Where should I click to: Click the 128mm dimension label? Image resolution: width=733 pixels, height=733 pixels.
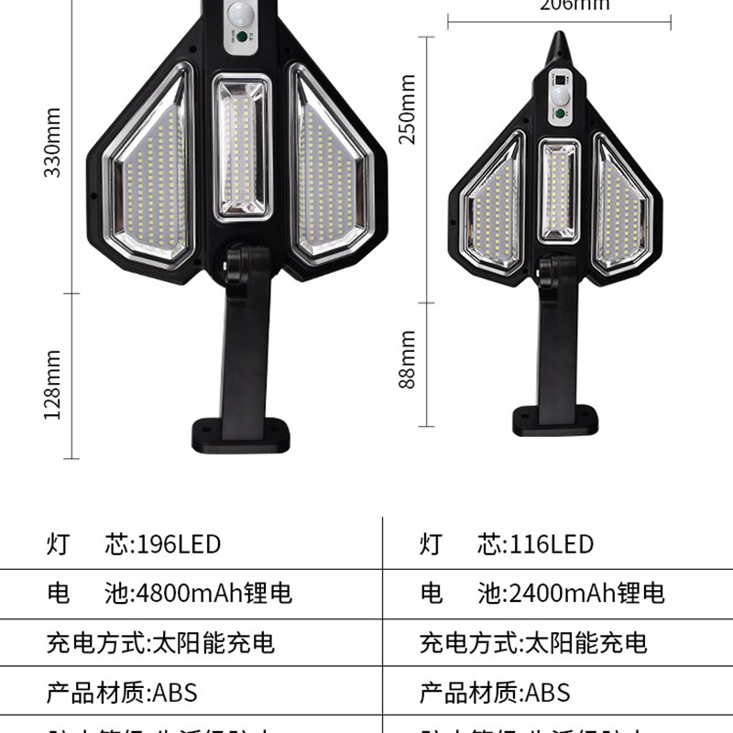[53, 385]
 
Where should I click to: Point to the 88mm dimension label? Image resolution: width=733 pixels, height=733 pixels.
[409, 359]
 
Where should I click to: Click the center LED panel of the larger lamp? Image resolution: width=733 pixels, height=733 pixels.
[242, 149]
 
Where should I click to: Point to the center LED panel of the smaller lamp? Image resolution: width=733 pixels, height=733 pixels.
[558, 191]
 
